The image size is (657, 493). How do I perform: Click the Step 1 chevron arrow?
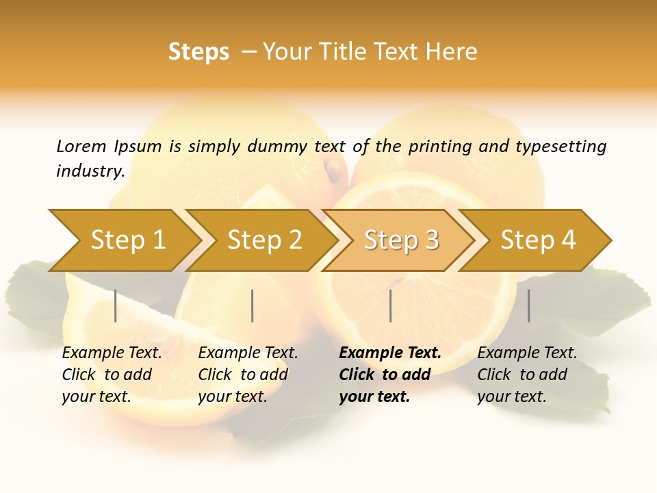click(x=127, y=240)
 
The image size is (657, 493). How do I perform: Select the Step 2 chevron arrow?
click(x=264, y=240)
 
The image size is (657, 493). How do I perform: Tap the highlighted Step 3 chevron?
click(x=401, y=240)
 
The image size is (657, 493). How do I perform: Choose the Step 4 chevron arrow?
click(x=538, y=240)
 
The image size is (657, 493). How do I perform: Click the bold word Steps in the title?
click(x=198, y=51)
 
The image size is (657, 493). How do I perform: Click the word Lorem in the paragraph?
click(x=81, y=146)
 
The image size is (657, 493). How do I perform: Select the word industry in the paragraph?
click(x=89, y=170)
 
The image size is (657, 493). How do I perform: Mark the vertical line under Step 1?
click(x=116, y=305)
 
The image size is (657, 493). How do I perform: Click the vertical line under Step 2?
click(x=253, y=305)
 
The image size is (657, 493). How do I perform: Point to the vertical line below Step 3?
click(x=390, y=305)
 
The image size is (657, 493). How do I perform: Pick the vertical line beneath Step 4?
click(x=528, y=305)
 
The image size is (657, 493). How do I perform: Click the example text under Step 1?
click(x=112, y=375)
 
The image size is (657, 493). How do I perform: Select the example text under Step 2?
click(x=248, y=375)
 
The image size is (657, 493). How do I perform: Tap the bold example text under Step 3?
click(x=390, y=375)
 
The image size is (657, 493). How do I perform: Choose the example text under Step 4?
click(x=527, y=375)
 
